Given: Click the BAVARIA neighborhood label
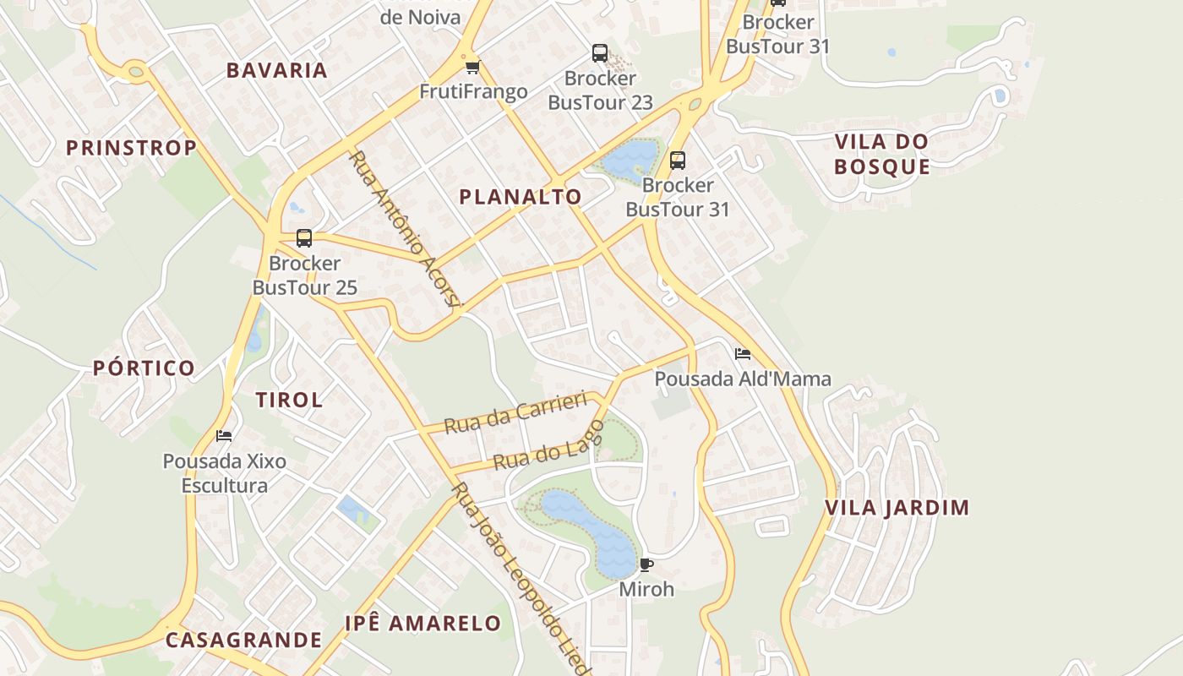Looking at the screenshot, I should click(276, 70).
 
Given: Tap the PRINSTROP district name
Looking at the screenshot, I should click(131, 148).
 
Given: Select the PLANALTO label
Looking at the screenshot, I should click(521, 197).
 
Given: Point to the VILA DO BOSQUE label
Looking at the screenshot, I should click(881, 154).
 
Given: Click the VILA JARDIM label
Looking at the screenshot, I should click(897, 508).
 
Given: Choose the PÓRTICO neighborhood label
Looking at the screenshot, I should click(144, 368).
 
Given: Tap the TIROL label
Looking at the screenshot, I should click(289, 400).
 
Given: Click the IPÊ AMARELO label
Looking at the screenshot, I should click(423, 624).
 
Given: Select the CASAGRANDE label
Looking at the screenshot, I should click(243, 640).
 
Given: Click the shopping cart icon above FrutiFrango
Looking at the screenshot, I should click(472, 67).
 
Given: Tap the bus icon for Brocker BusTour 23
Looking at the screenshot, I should click(600, 53).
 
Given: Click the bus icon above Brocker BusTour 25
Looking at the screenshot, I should click(304, 238).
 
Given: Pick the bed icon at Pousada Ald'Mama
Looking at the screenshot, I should click(743, 353).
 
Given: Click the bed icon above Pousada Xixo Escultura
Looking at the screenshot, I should click(224, 436).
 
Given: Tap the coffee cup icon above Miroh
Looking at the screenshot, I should click(646, 564).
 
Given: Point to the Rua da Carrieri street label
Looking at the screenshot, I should click(515, 412).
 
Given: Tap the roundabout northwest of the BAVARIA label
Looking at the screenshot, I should click(135, 70).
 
